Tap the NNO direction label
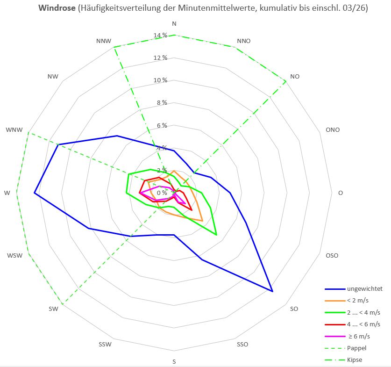coord(244,41)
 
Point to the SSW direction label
coord(105,345)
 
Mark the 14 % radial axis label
coord(161,36)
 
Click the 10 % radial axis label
coord(161,80)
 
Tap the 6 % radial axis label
coord(161,125)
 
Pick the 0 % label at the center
coord(161,193)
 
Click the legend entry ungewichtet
coord(364,288)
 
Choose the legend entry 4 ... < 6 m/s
coord(363,324)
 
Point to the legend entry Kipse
coord(355,360)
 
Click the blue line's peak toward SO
coord(272,291)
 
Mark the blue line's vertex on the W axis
coord(35,193)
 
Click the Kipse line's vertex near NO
coord(285,81)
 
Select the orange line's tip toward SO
coord(202,220)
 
